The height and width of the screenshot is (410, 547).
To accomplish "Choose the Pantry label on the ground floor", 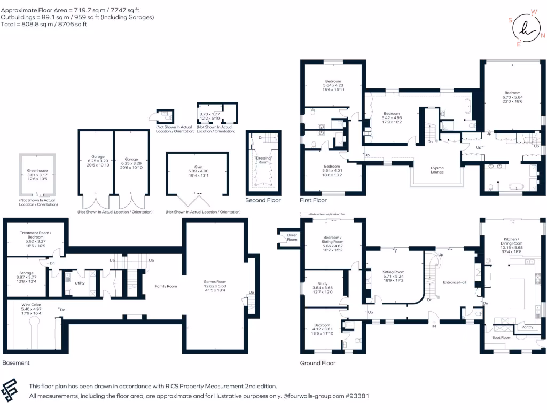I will pyautogui.click(x=527, y=327).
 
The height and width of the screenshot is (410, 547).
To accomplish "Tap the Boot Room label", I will pyautogui.click(x=502, y=337).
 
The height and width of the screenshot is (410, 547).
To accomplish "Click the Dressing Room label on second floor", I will pyautogui.click(x=263, y=160).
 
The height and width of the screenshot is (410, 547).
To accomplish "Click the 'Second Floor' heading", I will pyautogui.click(x=263, y=200).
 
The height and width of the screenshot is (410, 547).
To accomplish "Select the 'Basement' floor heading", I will pyautogui.click(x=15, y=362).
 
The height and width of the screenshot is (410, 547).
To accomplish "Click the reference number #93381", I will pyautogui.click(x=356, y=396).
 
